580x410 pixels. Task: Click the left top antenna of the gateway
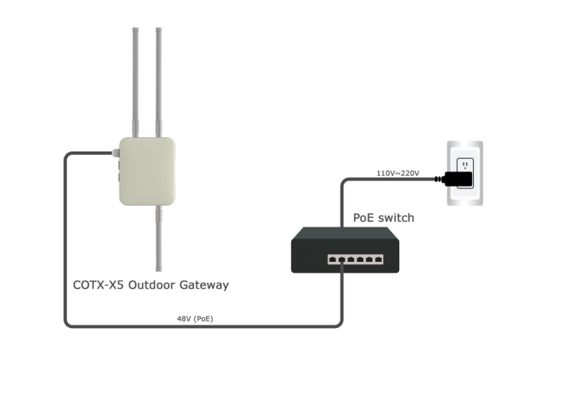coord(136,79)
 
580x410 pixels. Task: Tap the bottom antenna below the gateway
coord(157,238)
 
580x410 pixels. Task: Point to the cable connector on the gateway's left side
coord(115,153)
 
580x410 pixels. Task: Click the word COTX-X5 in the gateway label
coord(98,285)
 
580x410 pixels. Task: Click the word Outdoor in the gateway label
coord(152,285)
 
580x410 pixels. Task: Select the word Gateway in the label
coord(203,285)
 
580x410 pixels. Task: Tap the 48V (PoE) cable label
coord(194,319)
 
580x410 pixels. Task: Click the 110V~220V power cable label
coord(398,173)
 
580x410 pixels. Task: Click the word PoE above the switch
coord(363,218)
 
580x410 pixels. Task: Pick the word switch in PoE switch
coord(396,218)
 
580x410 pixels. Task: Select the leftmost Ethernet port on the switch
coord(332,259)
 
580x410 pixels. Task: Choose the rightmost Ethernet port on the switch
coord(378,259)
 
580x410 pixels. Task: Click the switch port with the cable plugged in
coord(341,259)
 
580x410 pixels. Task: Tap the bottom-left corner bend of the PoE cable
coord(68,323)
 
